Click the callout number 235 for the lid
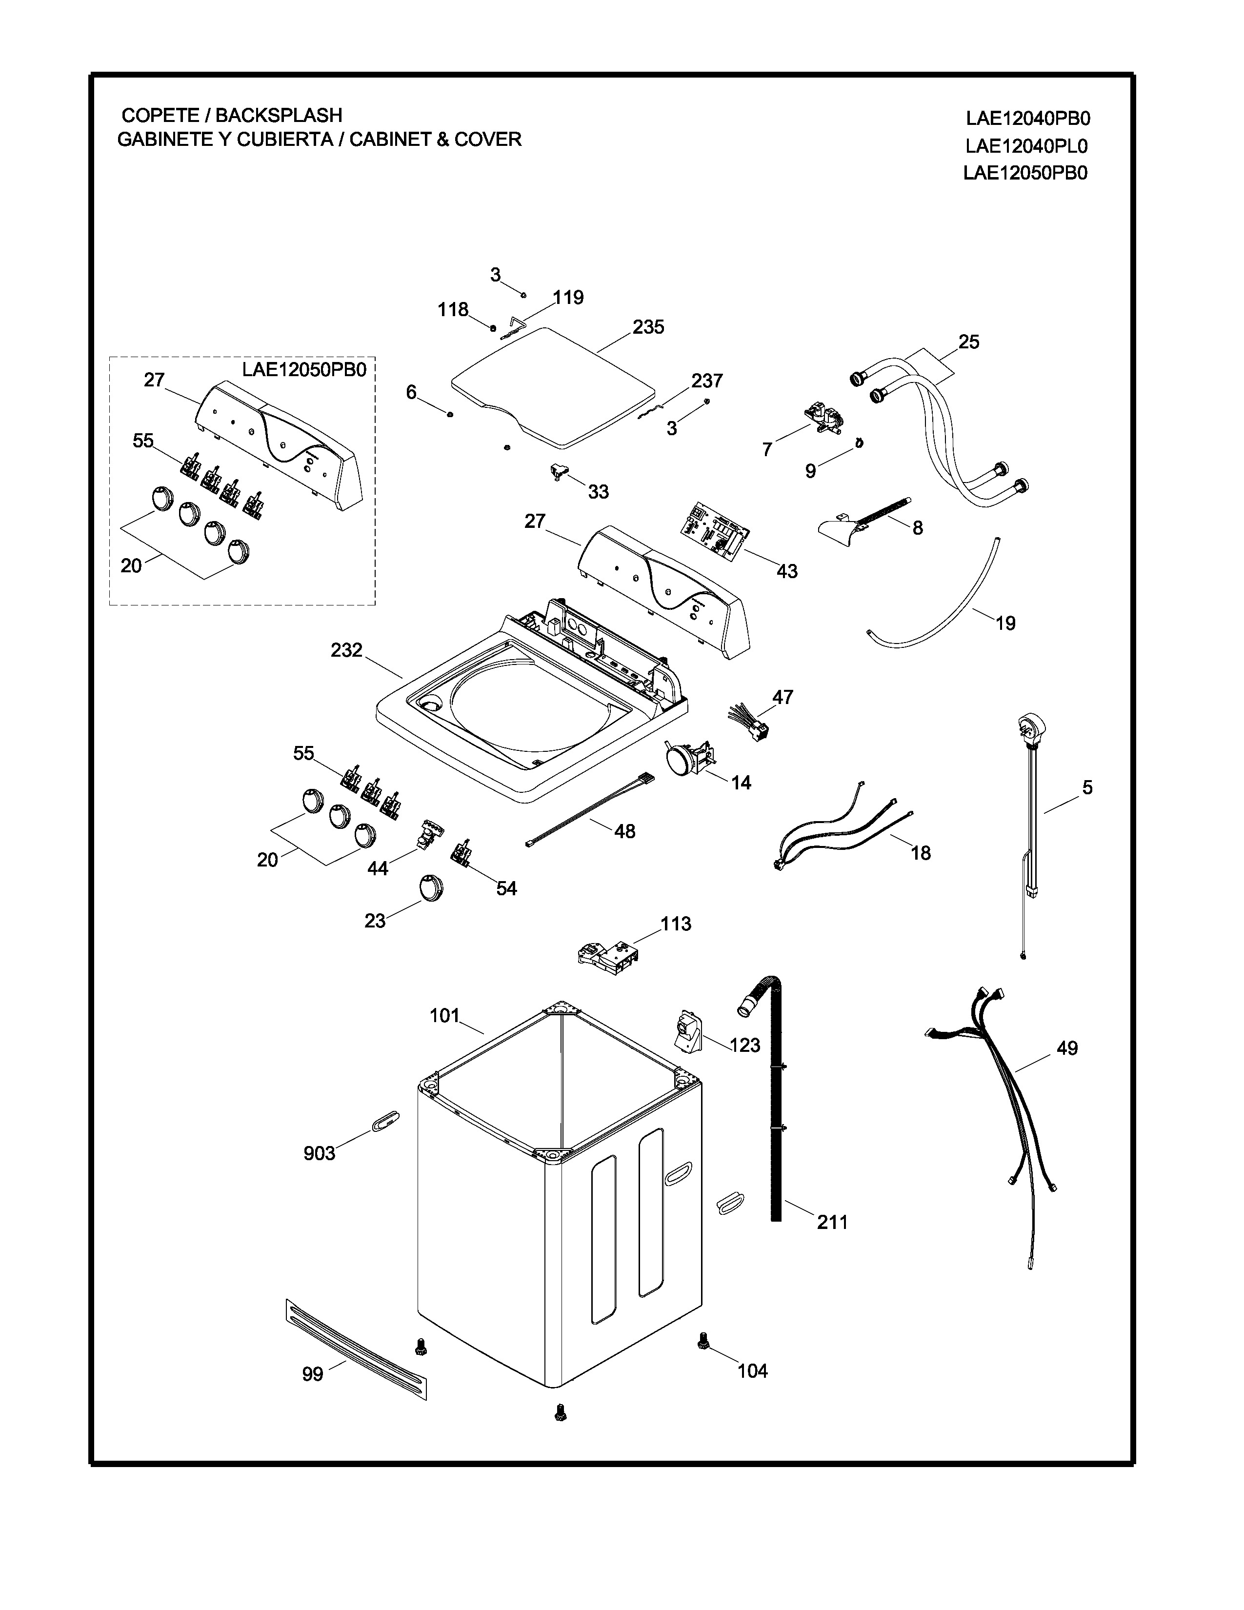648,326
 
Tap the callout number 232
346,650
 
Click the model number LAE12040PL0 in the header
1026,146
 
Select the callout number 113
676,924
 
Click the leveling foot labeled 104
702,1345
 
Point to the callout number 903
319,1153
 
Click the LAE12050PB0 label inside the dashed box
303,369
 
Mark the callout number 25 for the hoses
968,342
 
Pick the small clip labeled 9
859,443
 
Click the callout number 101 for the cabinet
444,1016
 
